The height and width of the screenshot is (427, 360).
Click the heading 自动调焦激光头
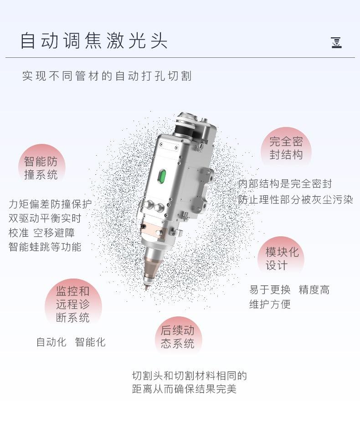[x=94, y=40]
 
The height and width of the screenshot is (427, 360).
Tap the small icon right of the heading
[x=336, y=43]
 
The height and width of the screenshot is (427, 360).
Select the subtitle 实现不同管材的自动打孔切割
[x=107, y=76]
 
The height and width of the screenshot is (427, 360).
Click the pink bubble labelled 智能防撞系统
[x=41, y=168]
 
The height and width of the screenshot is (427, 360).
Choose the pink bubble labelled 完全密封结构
[x=286, y=148]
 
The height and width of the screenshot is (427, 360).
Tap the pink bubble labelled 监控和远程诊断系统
[x=73, y=304]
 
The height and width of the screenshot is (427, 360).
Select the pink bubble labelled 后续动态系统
[x=178, y=337]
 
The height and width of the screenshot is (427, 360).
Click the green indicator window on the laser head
[x=161, y=176]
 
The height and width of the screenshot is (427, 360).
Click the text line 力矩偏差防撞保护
[x=50, y=204]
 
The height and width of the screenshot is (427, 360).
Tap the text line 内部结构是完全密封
[x=285, y=184]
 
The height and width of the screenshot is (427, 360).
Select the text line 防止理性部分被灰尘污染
[x=295, y=199]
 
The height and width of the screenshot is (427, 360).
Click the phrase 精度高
[x=314, y=290]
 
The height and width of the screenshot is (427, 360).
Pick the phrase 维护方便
[x=270, y=304]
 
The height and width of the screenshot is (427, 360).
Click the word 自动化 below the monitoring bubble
[x=51, y=342]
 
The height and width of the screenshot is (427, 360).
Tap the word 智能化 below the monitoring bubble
[x=90, y=342]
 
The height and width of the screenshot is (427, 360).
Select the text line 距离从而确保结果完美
[x=184, y=390]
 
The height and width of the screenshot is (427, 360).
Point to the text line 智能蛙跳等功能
[x=45, y=247]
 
